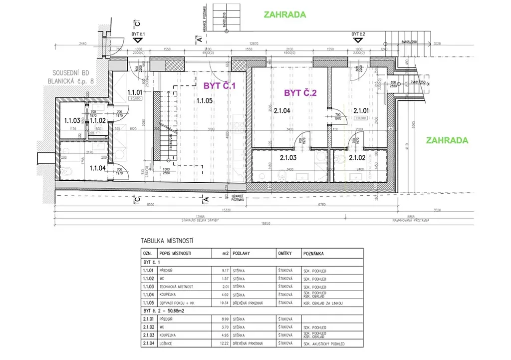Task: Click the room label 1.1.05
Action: [x=205, y=101]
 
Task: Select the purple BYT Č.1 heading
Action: [x=219, y=86]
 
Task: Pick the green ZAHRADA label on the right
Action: [x=447, y=140]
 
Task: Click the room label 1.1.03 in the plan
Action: [x=72, y=120]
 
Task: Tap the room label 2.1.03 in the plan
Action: [x=282, y=158]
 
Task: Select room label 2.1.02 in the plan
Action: [x=357, y=158]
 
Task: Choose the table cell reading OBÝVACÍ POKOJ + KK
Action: [x=179, y=303]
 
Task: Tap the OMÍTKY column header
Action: [x=284, y=254]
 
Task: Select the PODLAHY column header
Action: [x=243, y=254]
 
